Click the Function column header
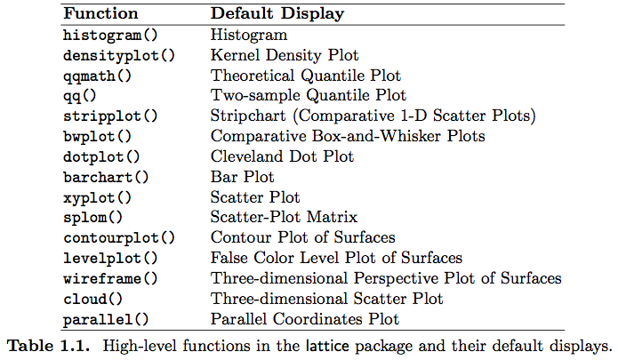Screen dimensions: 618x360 click(100, 13)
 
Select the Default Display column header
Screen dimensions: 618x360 click(277, 14)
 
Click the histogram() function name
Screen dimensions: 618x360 click(110, 36)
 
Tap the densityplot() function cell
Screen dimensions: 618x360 click(119, 56)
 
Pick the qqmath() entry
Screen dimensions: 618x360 click(97, 76)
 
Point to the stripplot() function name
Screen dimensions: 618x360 click(110, 116)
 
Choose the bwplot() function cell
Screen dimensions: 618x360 click(97, 137)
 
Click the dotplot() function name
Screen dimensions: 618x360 click(101, 157)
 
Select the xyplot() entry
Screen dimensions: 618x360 click(97, 197)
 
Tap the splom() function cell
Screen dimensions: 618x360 click(93, 218)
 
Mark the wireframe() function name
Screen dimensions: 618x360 click(110, 279)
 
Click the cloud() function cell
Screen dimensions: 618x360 click(93, 299)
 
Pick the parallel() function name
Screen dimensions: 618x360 click(106, 319)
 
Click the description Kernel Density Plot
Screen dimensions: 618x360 click(285, 55)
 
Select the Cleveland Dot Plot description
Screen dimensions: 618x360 click(282, 156)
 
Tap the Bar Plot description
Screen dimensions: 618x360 click(243, 177)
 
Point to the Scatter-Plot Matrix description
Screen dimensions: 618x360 click(285, 217)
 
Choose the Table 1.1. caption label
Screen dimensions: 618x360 click(49, 346)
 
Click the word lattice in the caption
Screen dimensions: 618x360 click(327, 346)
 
